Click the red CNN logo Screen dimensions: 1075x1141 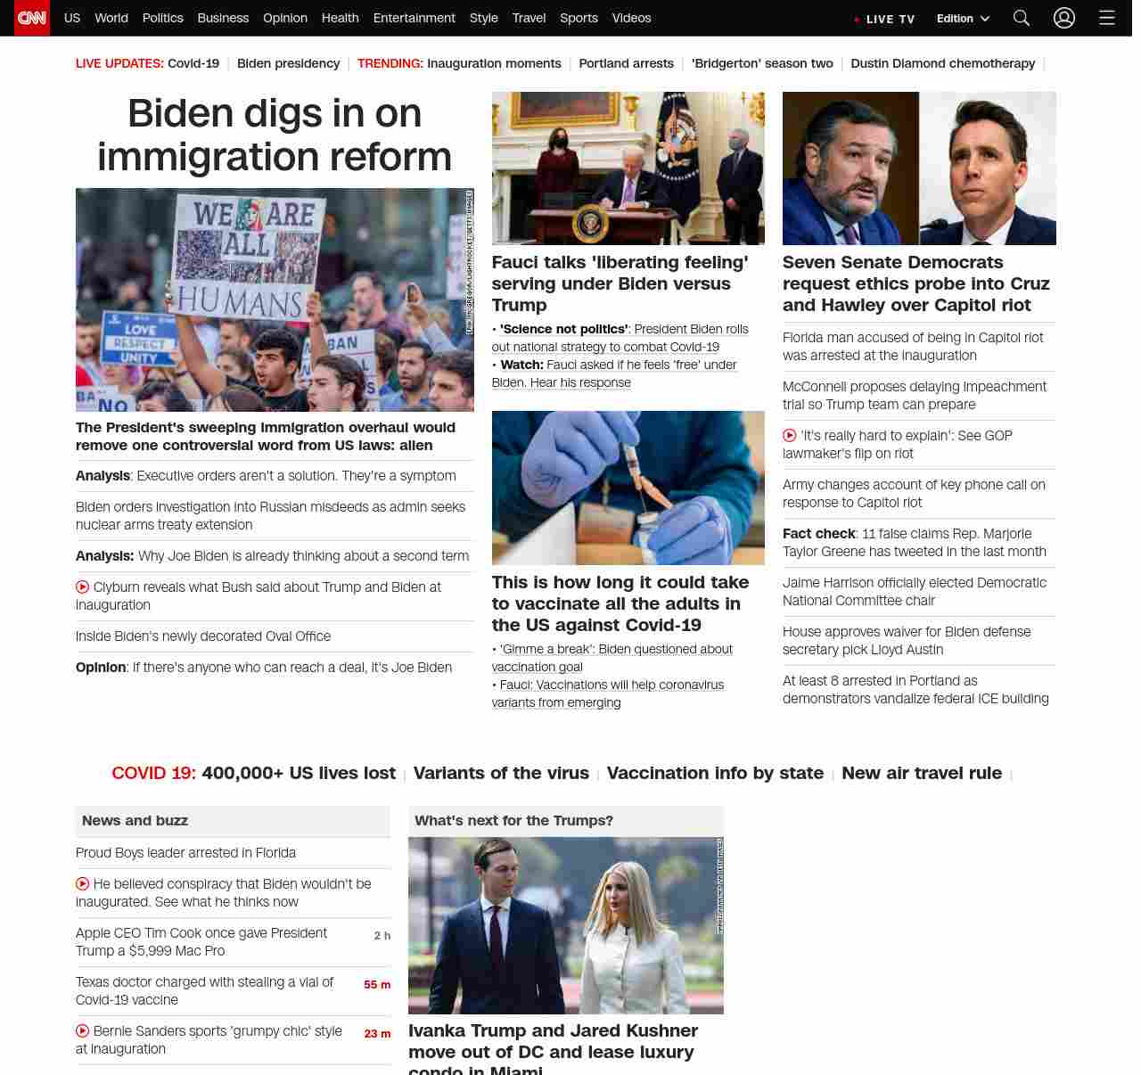[32, 18]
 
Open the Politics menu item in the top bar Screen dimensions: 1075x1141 [162, 18]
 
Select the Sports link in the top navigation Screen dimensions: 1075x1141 [579, 18]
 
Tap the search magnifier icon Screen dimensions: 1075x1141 [1022, 18]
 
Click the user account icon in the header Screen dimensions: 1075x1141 [1063, 18]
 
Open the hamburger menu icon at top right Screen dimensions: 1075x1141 [1106, 18]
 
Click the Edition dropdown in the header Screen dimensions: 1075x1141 [963, 19]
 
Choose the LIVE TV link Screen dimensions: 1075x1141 [885, 19]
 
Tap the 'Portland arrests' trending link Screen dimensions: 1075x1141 [626, 63]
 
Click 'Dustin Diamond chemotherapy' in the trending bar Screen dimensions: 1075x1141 [942, 63]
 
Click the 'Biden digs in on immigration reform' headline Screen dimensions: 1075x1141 [275, 135]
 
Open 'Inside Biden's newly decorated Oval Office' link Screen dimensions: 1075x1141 [203, 636]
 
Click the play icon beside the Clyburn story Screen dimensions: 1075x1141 [83, 587]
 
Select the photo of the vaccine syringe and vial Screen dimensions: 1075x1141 [628, 488]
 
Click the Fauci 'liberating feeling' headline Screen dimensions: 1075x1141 [620, 283]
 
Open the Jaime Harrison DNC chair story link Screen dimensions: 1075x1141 [914, 592]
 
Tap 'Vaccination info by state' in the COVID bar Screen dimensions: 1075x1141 [715, 773]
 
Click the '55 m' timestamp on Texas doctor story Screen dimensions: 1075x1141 [377, 985]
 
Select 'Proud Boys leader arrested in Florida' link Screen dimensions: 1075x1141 [185, 853]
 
